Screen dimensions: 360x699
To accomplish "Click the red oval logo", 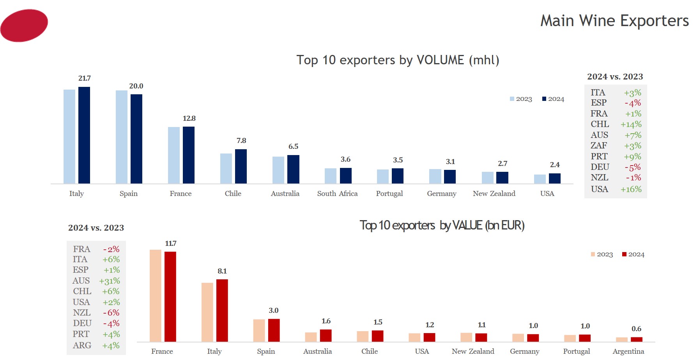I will click(24, 25).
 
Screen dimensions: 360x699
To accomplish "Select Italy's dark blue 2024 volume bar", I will click(84, 135).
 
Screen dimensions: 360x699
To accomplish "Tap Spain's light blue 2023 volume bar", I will click(121, 137).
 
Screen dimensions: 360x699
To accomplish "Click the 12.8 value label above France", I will click(189, 118).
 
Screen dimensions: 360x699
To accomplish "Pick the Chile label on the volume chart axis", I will click(233, 194).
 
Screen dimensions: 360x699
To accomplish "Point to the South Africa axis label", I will click(337, 194).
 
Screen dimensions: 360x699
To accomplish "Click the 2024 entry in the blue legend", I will click(553, 99).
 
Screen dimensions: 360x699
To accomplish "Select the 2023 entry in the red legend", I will click(602, 254).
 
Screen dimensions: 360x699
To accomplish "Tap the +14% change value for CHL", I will click(631, 125).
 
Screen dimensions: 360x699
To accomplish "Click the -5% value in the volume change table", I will click(633, 167).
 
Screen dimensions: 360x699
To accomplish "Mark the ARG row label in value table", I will click(82, 346).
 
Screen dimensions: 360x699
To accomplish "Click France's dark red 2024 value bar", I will click(170, 296).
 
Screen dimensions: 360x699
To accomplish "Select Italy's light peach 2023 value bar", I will click(207, 312).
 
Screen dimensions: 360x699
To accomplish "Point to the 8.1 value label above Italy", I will click(222, 271).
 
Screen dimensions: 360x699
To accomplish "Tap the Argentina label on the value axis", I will click(628, 351).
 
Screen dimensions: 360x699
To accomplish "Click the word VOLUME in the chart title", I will click(440, 60).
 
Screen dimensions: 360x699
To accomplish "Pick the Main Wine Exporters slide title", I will click(614, 21).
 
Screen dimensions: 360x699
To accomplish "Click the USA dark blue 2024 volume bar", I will click(555, 178).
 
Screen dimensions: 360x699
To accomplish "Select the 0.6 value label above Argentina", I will click(636, 329).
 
